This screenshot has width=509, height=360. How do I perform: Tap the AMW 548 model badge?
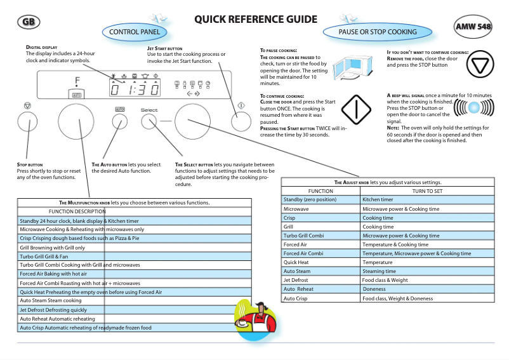point(473,27)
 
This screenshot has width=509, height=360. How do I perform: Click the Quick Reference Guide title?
point(255,20)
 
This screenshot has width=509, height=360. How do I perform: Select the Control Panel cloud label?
point(138,32)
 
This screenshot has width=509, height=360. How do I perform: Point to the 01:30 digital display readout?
point(135,90)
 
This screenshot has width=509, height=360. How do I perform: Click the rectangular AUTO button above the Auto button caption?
point(120,109)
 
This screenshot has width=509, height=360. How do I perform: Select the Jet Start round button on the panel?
point(241,121)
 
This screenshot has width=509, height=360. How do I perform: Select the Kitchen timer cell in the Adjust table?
point(378,199)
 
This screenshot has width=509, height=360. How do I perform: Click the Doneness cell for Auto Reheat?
point(374,289)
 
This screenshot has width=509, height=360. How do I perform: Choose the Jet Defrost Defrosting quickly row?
point(53,310)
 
